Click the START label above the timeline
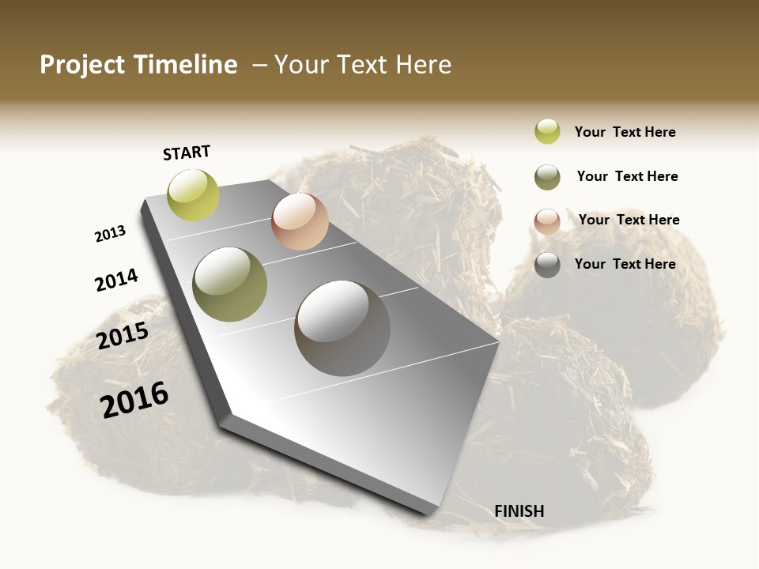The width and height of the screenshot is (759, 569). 187,153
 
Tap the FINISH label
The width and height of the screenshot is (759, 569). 519,511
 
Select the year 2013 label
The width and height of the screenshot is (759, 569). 110,233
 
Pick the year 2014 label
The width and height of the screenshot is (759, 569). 116,280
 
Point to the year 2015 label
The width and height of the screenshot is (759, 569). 123,336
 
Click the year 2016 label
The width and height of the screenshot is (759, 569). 134,399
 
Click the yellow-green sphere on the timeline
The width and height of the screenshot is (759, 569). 193,195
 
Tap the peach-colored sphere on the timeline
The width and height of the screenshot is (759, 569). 300,221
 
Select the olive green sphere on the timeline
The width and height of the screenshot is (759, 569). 230,284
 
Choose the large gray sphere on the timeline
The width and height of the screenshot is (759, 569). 342,328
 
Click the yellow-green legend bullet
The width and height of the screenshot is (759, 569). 547,131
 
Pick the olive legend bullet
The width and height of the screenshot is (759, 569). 547,177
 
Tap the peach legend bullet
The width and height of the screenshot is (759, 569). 547,221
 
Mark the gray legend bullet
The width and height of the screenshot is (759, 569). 547,265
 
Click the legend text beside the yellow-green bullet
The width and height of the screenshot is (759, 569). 625,132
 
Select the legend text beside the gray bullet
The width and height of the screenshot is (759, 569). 625,264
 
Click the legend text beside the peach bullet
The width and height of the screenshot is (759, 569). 629,220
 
